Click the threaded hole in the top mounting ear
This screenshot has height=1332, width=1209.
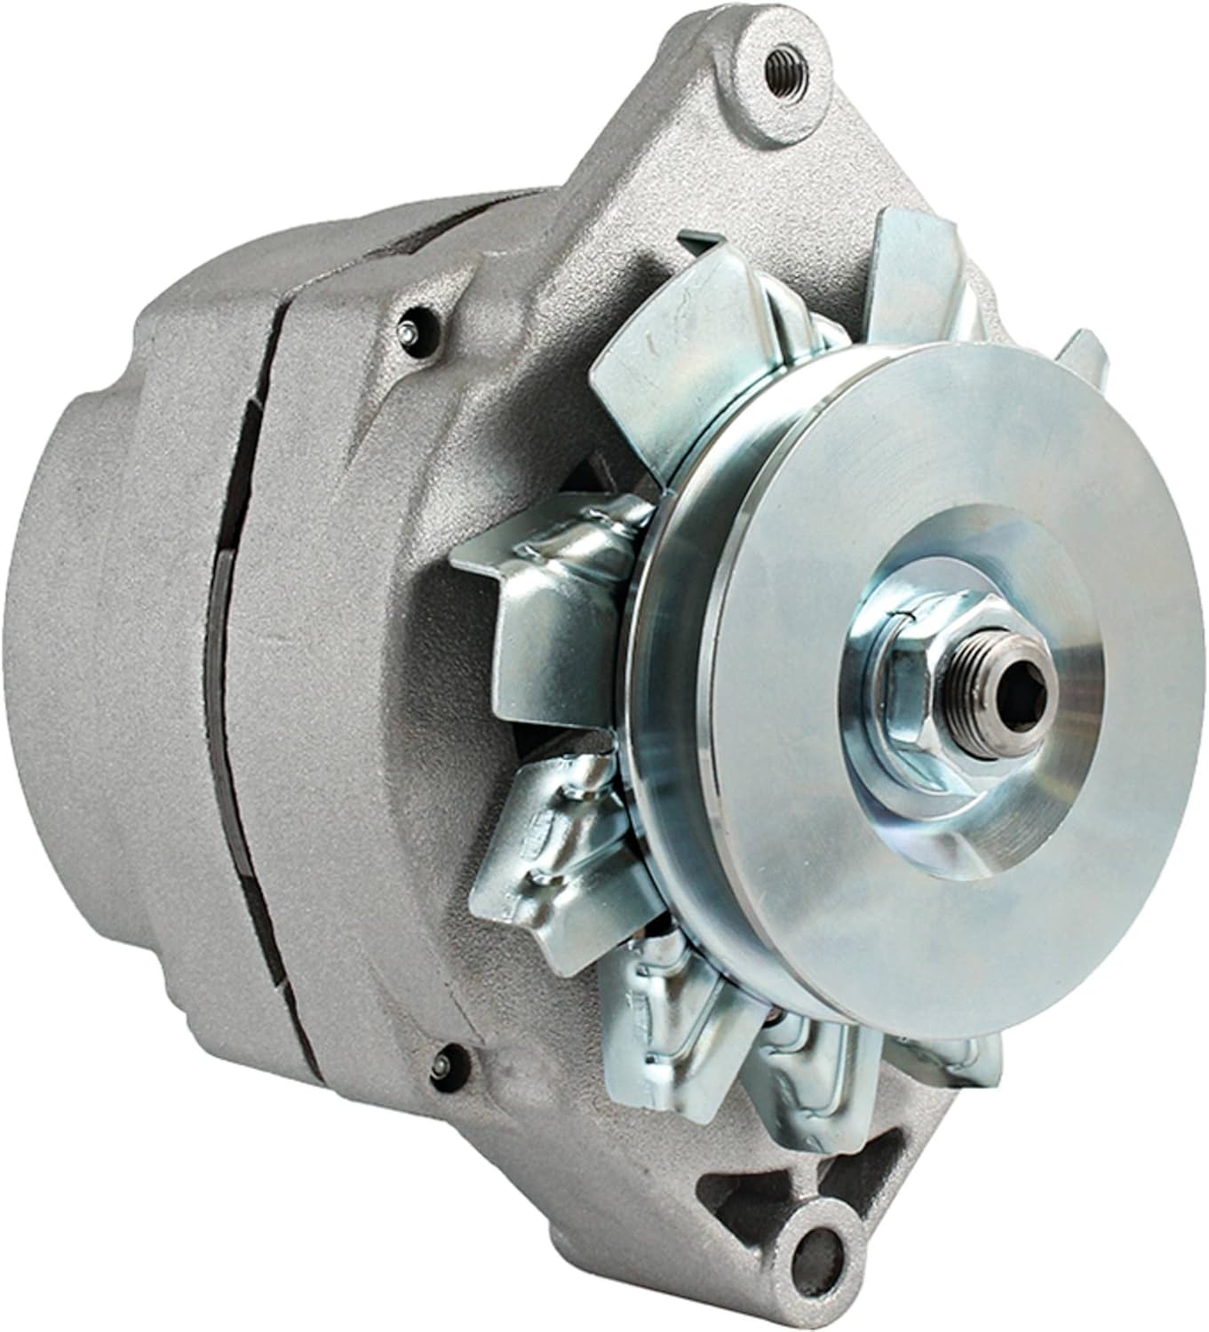783,64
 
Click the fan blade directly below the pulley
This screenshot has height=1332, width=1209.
799,1057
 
